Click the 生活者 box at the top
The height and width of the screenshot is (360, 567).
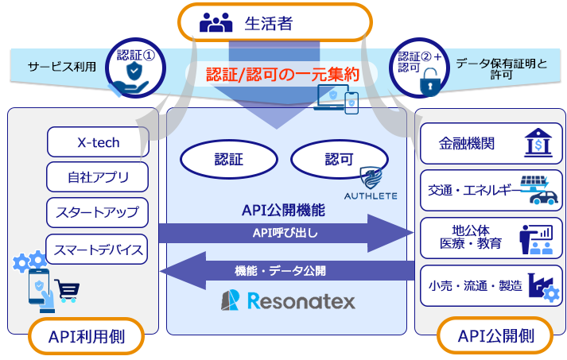274,22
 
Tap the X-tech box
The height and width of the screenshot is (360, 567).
98,143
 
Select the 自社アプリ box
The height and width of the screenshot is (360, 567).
98,177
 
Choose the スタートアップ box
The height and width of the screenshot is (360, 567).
98,212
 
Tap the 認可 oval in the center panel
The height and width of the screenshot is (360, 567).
338,160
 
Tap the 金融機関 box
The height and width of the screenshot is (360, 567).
491,144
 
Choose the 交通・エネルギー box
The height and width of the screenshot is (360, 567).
491,190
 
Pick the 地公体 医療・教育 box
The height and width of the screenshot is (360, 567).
491,237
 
